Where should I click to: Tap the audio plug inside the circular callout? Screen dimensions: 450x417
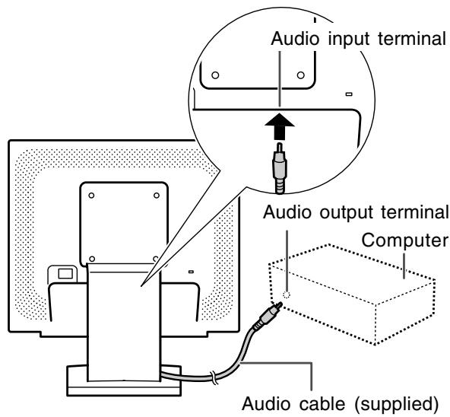(x=280, y=168)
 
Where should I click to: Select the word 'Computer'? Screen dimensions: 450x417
(x=404, y=240)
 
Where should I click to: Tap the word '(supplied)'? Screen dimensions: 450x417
(x=397, y=404)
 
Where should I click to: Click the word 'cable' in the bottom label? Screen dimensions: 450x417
(x=322, y=403)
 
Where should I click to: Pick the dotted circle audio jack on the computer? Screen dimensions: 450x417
(x=287, y=294)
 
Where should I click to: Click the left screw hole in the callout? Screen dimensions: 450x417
(x=215, y=75)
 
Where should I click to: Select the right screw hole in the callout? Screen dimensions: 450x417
(x=301, y=75)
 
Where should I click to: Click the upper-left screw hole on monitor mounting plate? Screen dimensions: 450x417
(x=91, y=196)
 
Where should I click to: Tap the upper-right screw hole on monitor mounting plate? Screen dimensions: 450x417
(x=157, y=196)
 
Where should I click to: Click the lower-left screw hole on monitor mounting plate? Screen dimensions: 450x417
(x=92, y=259)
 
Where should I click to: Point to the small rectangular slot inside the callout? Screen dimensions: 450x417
(x=349, y=94)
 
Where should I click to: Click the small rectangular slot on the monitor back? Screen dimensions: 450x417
(x=191, y=272)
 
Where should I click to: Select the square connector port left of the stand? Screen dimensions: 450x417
(x=65, y=274)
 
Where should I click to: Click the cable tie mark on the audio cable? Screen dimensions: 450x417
(x=214, y=377)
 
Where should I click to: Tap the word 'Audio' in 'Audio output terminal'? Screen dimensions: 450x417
(x=287, y=212)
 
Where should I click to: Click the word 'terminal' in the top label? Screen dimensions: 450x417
(x=412, y=39)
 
